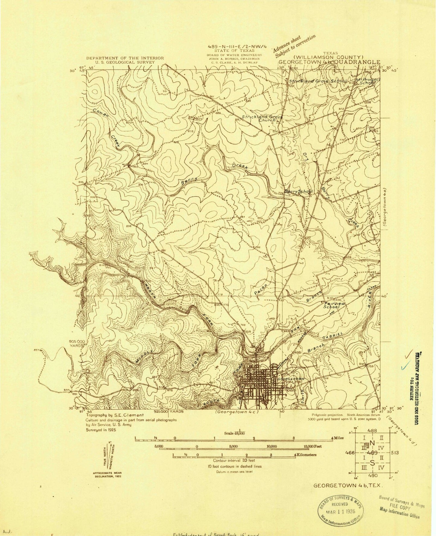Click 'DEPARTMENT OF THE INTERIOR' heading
[x=125, y=58]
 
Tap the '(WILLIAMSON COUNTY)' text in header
[x=329, y=57]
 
